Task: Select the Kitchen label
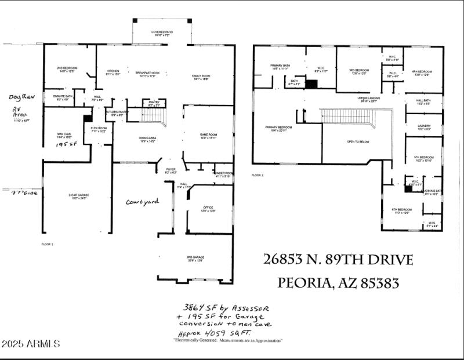point(113,72)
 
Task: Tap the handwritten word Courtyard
point(142,202)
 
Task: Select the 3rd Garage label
point(196,257)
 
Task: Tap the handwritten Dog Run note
point(22,97)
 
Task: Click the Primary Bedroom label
point(279,128)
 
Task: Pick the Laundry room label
point(423,126)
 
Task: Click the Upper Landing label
point(369,99)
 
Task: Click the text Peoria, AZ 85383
point(339,283)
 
